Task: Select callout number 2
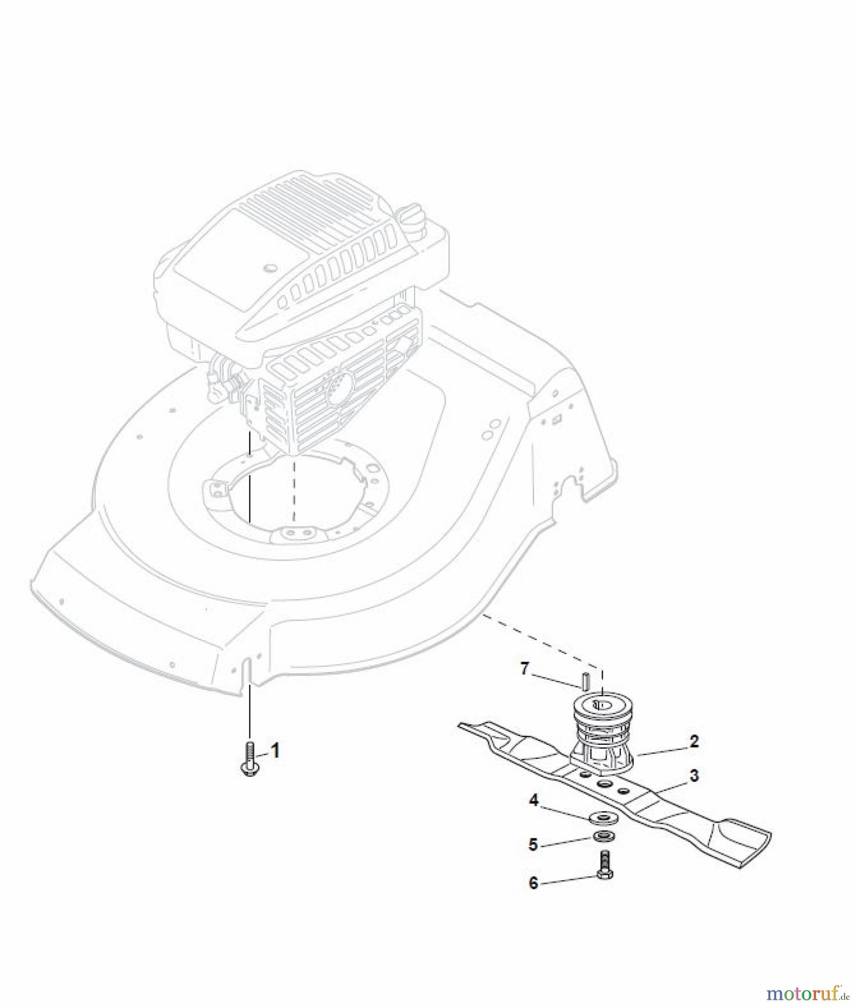[x=694, y=741]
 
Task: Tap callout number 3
[x=694, y=776]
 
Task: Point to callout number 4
[x=533, y=801]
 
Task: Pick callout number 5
[x=533, y=844]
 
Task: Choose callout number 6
[x=533, y=883]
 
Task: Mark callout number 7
[x=524, y=669]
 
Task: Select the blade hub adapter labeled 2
[x=601, y=734]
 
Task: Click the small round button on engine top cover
[x=271, y=268]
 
